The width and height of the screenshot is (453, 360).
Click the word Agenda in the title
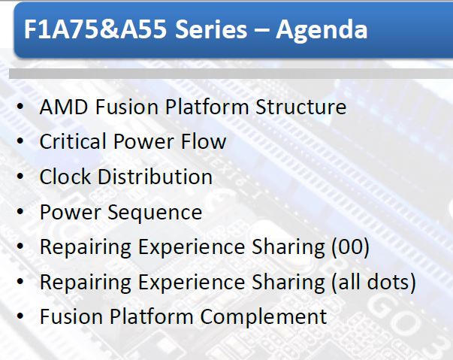322,30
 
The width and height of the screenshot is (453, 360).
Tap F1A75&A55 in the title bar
95,29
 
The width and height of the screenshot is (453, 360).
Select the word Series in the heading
211,29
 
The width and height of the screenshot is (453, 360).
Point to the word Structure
300,107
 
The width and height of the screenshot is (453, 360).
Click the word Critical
73,141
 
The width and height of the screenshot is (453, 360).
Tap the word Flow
204,141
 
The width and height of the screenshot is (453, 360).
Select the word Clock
65,177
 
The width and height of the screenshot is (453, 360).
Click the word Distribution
156,177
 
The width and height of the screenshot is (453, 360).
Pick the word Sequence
155,213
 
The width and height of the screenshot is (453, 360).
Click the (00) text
350,247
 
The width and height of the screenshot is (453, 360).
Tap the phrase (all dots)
374,283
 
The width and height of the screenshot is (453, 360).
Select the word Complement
263,317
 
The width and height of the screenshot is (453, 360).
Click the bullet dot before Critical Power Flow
20,141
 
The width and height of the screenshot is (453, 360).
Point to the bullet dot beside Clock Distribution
20,177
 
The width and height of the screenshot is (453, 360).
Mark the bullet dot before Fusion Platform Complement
20,316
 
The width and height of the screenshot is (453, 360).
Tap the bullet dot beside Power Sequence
20,211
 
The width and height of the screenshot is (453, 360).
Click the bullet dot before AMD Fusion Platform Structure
20,106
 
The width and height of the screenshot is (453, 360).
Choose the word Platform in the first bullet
207,107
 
